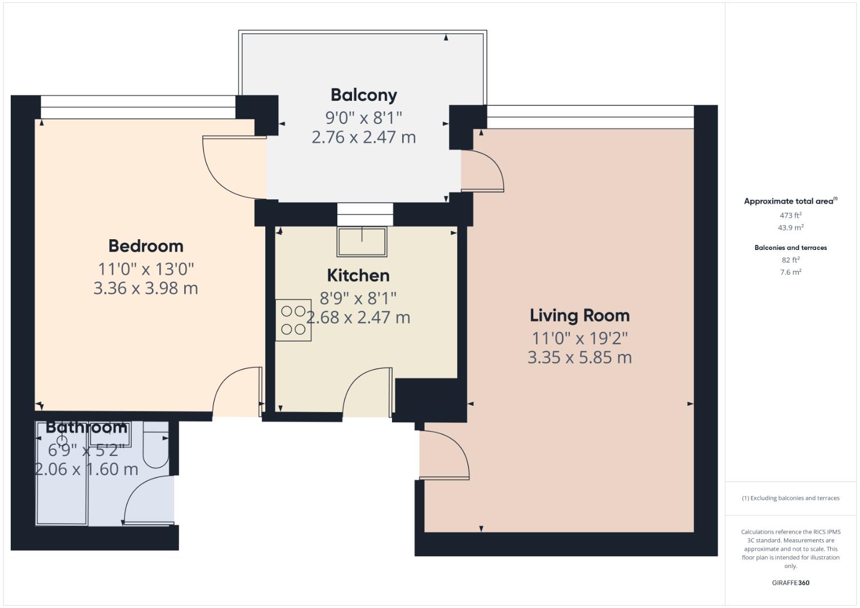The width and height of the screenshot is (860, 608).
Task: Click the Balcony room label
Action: click(363, 95)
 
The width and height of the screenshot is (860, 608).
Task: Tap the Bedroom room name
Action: click(145, 246)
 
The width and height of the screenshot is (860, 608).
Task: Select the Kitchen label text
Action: click(358, 275)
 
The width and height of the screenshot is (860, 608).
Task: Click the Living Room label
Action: click(580, 315)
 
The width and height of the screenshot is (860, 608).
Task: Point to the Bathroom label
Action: click(86, 427)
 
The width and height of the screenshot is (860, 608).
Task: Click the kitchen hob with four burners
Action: click(293, 320)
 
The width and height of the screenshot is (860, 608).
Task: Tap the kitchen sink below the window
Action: click(362, 241)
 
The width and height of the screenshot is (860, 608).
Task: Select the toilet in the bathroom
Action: click(155, 448)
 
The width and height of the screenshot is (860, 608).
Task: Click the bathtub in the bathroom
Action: click(61, 479)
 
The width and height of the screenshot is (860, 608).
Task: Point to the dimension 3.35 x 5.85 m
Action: click(580, 357)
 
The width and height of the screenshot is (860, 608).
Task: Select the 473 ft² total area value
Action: click(790, 216)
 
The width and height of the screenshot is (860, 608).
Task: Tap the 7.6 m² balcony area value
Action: click(790, 272)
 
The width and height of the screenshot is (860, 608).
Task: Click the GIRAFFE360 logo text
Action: click(790, 583)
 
